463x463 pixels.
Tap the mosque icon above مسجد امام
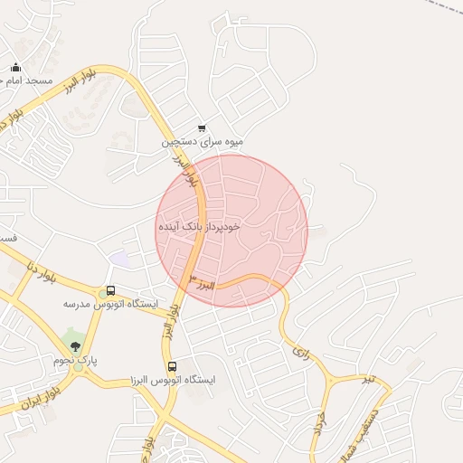tap(15, 67)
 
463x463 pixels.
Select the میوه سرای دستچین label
tap(203, 142)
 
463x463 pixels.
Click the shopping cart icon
tap(202, 128)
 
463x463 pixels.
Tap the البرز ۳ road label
tap(206, 285)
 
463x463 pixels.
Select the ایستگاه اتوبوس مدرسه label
tap(109, 305)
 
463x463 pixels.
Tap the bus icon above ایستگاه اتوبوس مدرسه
tap(110, 291)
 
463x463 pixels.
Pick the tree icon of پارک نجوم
tap(75, 346)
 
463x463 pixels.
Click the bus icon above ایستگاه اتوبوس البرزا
tap(173, 366)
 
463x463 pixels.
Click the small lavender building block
tap(118, 259)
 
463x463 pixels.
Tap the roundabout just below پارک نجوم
tap(77, 369)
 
